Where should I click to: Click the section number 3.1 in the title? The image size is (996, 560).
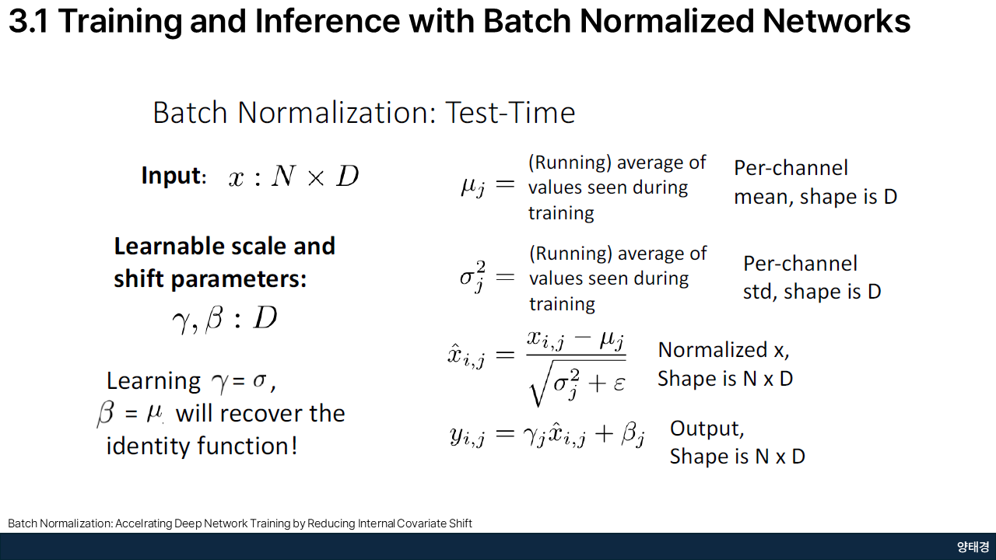pos(29,21)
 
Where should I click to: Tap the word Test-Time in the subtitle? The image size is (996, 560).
pos(510,113)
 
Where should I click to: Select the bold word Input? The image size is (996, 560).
pos(170,175)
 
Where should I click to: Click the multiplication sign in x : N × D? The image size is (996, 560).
pos(316,178)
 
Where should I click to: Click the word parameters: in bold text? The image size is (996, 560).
pos(238,280)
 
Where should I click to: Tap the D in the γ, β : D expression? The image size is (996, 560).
pos(265,317)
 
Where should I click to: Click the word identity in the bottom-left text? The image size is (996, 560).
pos(148,446)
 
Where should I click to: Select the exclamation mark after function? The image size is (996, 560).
pos(294,446)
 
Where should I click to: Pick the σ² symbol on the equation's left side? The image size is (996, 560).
pos(472,276)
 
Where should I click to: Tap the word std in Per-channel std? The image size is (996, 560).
pos(759,292)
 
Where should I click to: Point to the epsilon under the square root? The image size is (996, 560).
pos(619,383)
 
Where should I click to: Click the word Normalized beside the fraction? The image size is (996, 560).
pos(713,350)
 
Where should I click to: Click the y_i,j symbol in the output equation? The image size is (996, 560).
pos(467,435)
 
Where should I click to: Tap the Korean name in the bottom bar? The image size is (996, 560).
pos(973,547)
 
